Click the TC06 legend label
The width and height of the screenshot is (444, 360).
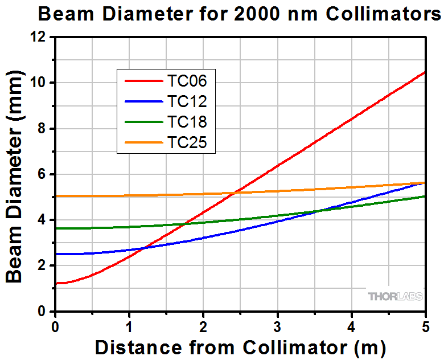(x=187, y=81)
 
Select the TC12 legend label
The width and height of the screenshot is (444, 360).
(x=187, y=101)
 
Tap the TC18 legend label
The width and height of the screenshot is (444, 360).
(x=187, y=122)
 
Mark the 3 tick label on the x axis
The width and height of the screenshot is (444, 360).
(x=277, y=328)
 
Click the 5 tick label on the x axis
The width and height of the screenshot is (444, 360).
(x=425, y=328)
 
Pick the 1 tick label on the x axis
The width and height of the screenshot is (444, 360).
(x=129, y=328)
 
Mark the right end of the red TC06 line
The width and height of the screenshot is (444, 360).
(x=425, y=72)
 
